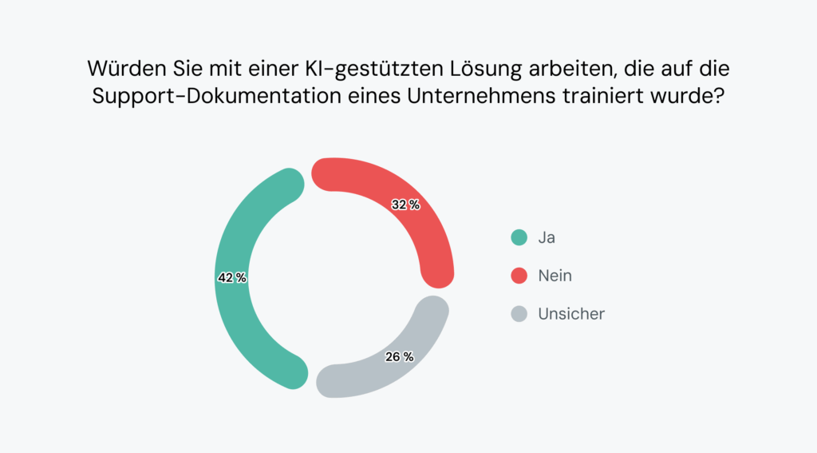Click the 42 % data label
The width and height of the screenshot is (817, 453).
point(232,278)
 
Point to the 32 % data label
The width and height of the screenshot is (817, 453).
point(405,205)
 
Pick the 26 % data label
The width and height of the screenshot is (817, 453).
point(399,357)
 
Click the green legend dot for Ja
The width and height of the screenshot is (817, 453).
point(519,237)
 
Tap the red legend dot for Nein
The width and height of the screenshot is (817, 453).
point(519,276)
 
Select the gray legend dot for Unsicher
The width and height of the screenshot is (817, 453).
point(519,314)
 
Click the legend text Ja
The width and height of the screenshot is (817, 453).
point(547,237)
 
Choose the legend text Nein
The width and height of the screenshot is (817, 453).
point(555,276)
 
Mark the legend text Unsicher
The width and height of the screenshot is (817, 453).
point(571,314)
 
